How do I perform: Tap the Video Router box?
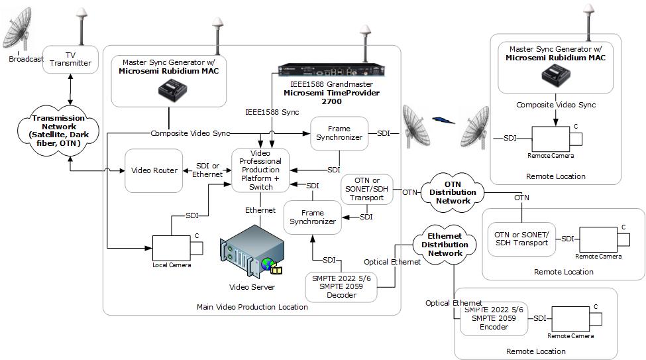pos(154,170)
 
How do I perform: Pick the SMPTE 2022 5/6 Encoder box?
pos(494,318)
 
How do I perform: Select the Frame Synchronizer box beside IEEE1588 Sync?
pos(339,133)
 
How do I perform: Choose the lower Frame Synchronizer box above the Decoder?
pos(312,217)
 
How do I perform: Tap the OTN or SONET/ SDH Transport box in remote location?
pos(521,239)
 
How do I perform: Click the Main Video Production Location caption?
pos(252,307)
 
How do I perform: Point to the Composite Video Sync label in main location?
pos(190,133)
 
